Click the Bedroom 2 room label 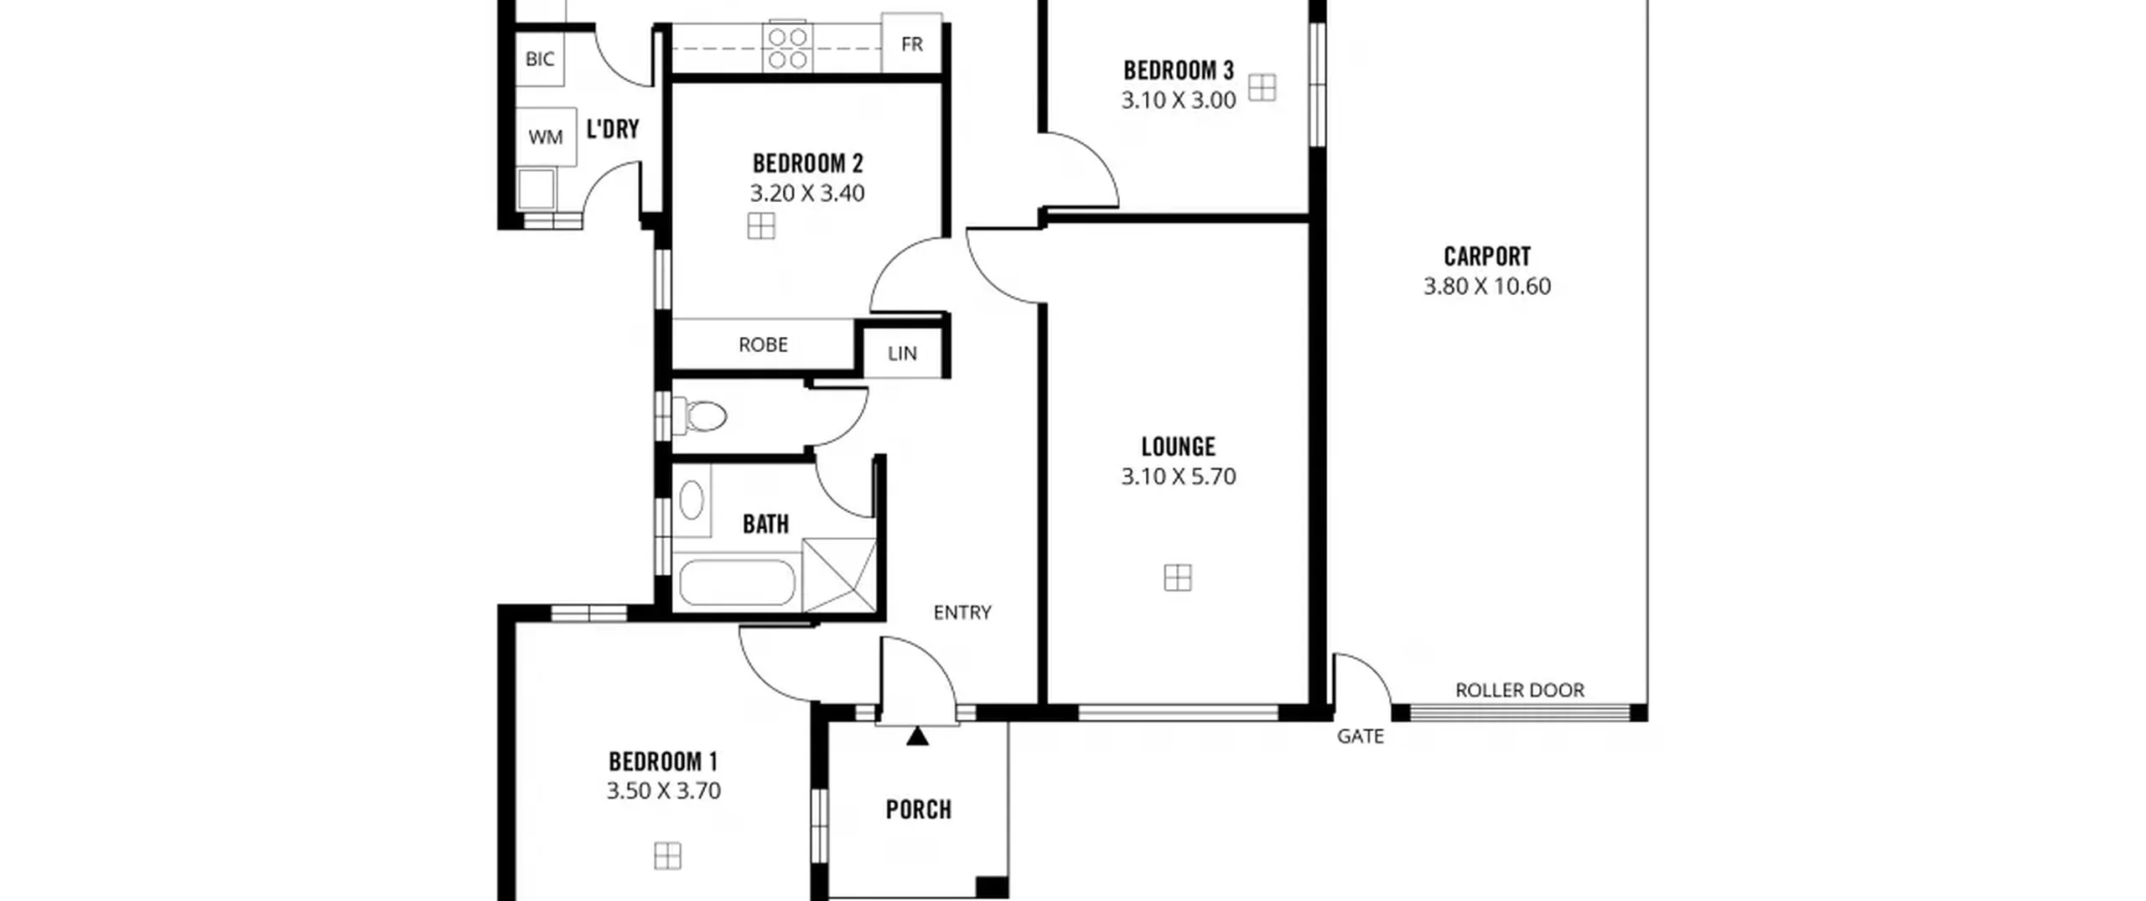(807, 163)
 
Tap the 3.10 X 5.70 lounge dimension (1178, 476)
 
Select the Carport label (1487, 256)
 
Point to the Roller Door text (1520, 690)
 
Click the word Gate (1360, 736)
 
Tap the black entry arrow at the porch (918, 736)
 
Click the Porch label (919, 810)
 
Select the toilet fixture (699, 416)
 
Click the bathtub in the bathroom (737, 583)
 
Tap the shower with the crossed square (839, 575)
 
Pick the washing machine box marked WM (546, 137)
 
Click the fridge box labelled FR (912, 44)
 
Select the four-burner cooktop (788, 49)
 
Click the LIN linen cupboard (902, 353)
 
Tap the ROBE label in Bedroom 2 (763, 344)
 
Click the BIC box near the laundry (540, 59)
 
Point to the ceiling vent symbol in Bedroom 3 (1262, 87)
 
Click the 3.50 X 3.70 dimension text (664, 790)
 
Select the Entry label (962, 613)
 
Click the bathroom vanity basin (692, 500)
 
